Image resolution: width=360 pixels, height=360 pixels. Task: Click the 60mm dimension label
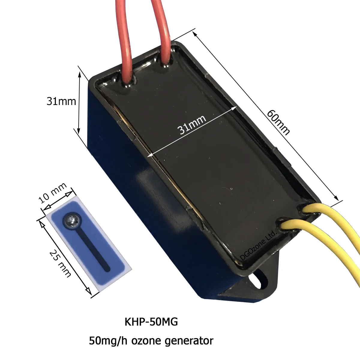(x=278, y=122)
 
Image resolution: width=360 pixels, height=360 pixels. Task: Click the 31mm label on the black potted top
(x=192, y=124)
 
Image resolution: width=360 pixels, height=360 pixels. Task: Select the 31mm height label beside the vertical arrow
(x=61, y=101)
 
